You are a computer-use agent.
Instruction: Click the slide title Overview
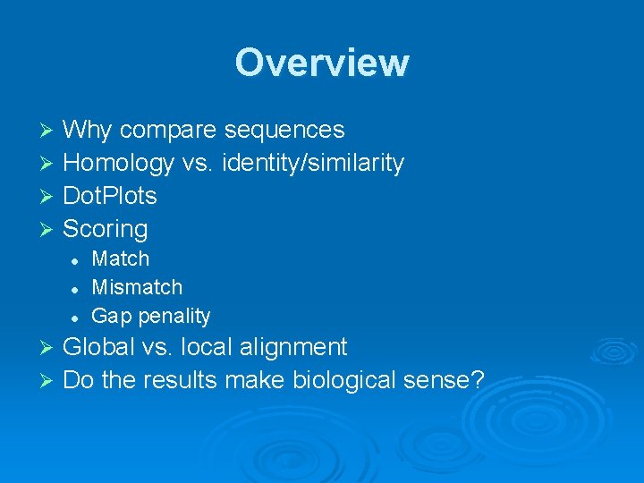tap(322, 63)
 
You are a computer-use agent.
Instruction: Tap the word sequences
tap(284, 131)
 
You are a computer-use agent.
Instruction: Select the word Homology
tap(118, 164)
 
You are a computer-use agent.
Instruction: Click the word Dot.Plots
tap(110, 196)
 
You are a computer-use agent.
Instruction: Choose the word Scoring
tap(106, 229)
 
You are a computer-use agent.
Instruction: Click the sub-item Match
tap(121, 259)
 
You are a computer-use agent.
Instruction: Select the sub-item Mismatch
tap(137, 288)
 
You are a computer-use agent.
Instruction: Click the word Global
tap(97, 347)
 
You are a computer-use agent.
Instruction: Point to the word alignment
tap(287, 347)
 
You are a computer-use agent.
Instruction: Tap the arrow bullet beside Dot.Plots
tap(50, 197)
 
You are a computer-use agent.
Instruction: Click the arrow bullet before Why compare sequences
tap(50, 131)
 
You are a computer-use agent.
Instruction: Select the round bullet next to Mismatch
tap(77, 289)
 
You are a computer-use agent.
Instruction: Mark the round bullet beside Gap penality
tap(77, 318)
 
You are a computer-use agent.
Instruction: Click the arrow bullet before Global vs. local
tap(50, 348)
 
